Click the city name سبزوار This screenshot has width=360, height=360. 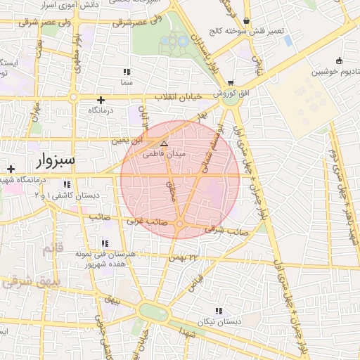click(x=53, y=159)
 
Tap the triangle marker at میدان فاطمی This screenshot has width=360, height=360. click(x=165, y=143)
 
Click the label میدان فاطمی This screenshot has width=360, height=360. click(x=164, y=153)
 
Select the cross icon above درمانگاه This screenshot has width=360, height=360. click(x=101, y=100)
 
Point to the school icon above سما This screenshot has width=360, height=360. click(x=127, y=72)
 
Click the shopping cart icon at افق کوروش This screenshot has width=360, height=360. click(x=230, y=83)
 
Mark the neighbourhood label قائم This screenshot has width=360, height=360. click(x=53, y=249)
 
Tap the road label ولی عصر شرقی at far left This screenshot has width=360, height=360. click(x=27, y=21)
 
